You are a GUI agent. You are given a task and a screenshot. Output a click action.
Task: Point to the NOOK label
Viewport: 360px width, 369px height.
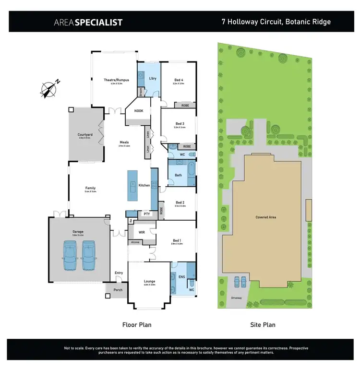[138, 111]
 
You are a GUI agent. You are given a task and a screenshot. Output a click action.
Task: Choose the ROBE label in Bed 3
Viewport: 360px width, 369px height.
[187, 146]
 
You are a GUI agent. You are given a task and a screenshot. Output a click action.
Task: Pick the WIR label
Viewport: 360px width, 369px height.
[142, 232]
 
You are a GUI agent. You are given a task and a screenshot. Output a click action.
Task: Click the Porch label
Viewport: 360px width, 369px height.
[118, 290]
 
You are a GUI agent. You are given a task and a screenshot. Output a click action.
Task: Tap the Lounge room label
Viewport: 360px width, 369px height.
[149, 282]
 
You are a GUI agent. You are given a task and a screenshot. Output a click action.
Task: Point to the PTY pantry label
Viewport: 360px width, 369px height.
[146, 214]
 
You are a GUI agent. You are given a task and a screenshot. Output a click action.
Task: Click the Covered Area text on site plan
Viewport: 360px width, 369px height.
[265, 217]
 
